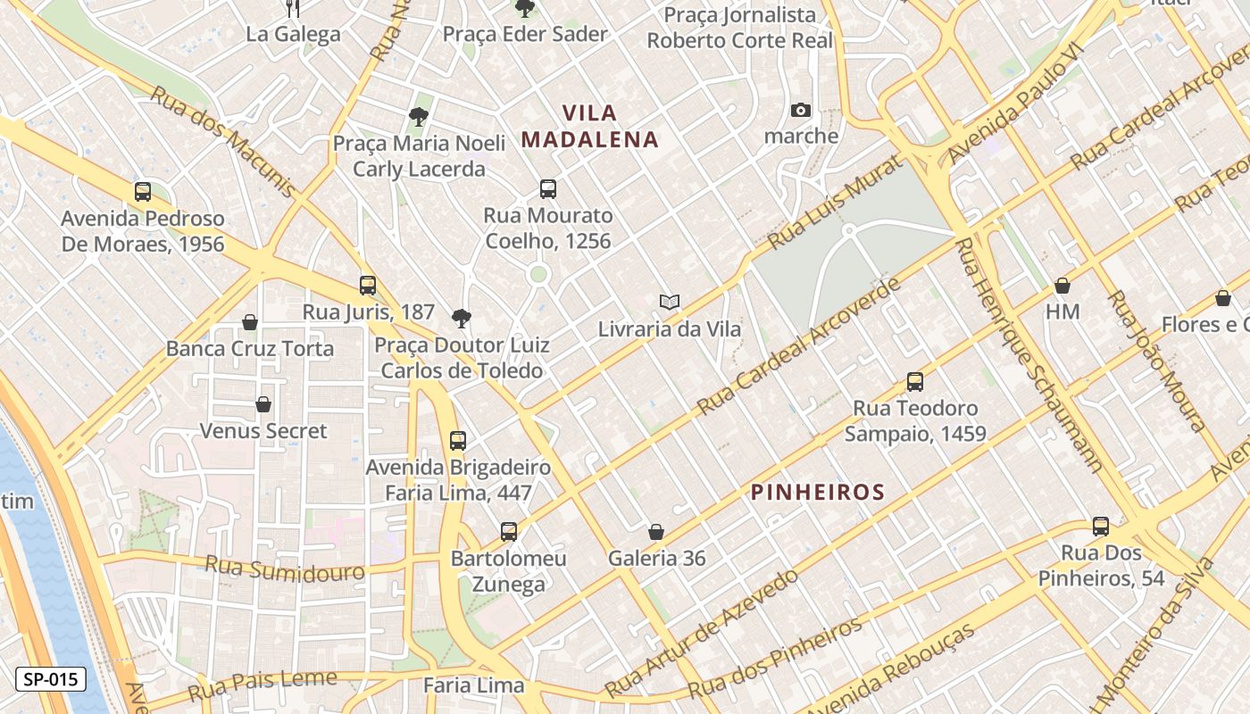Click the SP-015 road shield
[51, 679]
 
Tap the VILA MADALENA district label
[590, 126]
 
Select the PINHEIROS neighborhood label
[818, 492]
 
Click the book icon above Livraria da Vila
[670, 302]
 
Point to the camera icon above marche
[801, 111]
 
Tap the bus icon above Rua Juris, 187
[368, 286]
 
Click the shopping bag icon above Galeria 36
[656, 532]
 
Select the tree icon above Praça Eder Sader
[525, 9]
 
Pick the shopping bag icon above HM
[1062, 286]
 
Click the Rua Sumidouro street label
[285, 568]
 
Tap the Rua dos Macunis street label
[221, 141]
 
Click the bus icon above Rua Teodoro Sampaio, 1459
[915, 382]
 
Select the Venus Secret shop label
[263, 431]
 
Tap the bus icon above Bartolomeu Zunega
[509, 532]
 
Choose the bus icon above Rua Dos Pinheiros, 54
[1101, 527]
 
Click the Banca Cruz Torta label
[250, 349]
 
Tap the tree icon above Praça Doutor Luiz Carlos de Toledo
[462, 318]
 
